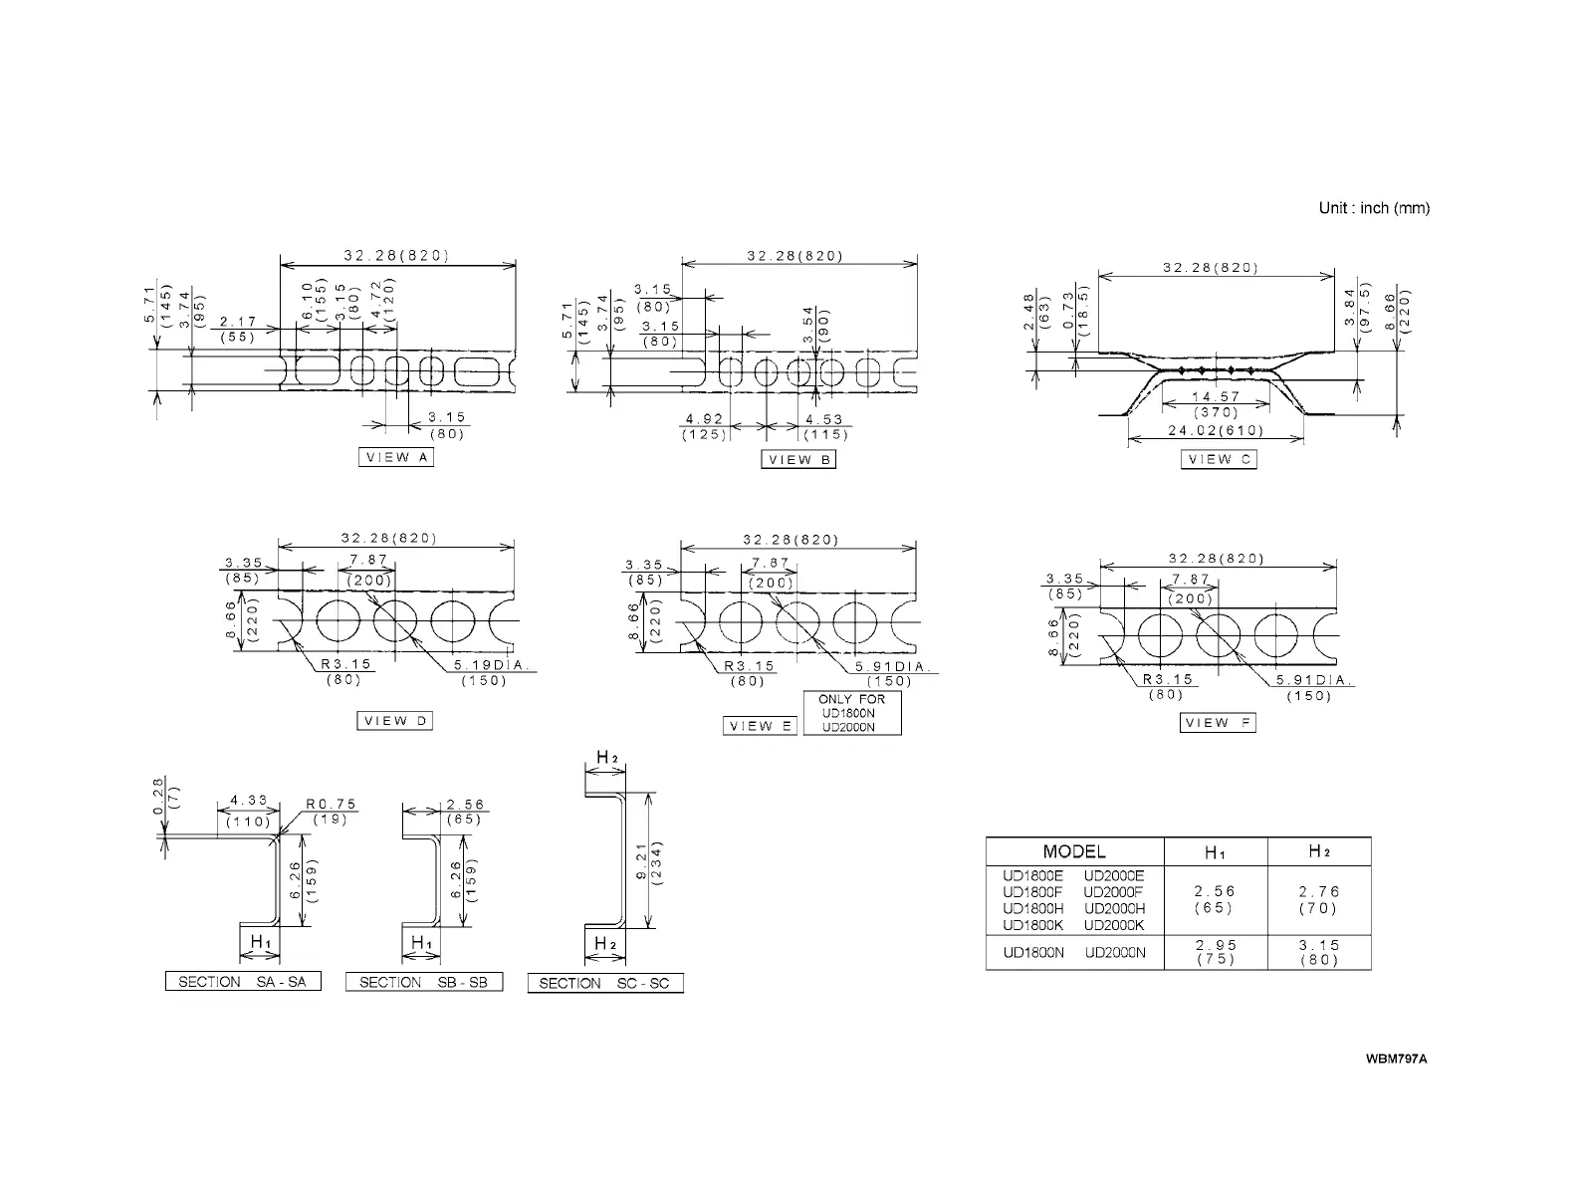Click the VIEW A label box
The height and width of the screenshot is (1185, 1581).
point(396,458)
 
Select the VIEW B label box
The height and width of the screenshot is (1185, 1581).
point(798,460)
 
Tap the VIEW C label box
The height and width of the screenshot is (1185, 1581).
point(1219,460)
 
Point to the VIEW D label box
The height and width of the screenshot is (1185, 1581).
point(395,721)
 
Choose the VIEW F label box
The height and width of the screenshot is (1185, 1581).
point(1219,723)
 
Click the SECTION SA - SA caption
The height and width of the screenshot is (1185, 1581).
point(243,982)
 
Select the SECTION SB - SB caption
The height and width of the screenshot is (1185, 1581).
point(423,982)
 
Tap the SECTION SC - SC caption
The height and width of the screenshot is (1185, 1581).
point(605,984)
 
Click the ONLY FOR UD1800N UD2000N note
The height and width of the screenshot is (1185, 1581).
point(851,713)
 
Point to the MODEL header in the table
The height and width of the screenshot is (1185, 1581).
point(1074,851)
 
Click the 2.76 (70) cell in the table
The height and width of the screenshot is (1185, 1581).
point(1318,900)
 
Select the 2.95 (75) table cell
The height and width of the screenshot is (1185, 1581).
point(1215,952)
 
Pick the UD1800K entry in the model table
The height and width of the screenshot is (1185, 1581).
point(1032,925)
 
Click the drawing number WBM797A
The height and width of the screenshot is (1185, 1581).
point(1396,1058)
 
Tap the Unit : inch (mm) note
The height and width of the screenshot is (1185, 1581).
point(1374,208)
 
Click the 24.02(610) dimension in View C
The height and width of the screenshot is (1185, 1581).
point(1215,431)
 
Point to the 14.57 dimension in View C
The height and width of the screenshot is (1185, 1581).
point(1216,397)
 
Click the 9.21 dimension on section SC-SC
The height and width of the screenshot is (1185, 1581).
point(642,860)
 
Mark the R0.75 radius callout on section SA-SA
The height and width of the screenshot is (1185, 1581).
point(331,805)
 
